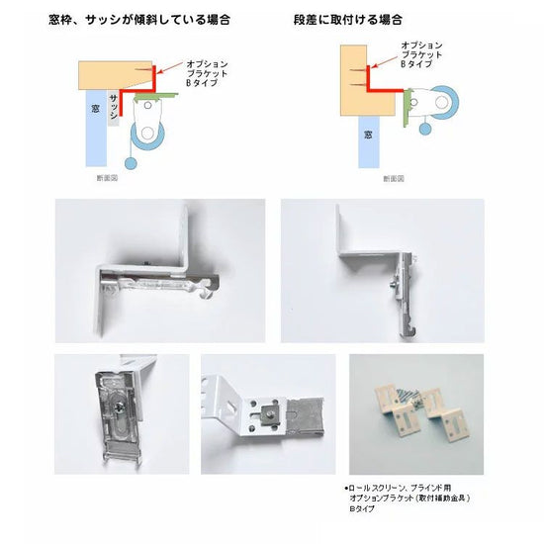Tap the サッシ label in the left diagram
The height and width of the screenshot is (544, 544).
(116, 103)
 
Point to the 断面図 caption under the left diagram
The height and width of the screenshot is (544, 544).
(107, 178)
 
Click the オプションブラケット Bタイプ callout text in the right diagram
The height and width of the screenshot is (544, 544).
(421, 53)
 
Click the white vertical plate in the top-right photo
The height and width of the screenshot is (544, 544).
(345, 237)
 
